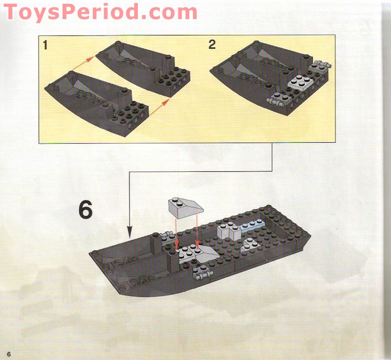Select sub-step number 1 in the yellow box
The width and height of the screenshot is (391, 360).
tap(45, 45)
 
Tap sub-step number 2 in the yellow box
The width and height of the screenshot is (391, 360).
tap(212, 44)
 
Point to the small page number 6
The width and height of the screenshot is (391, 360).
tap(8, 353)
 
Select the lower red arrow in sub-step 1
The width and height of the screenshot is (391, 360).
tap(159, 107)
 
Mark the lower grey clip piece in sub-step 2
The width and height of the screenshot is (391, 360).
tap(276, 102)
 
